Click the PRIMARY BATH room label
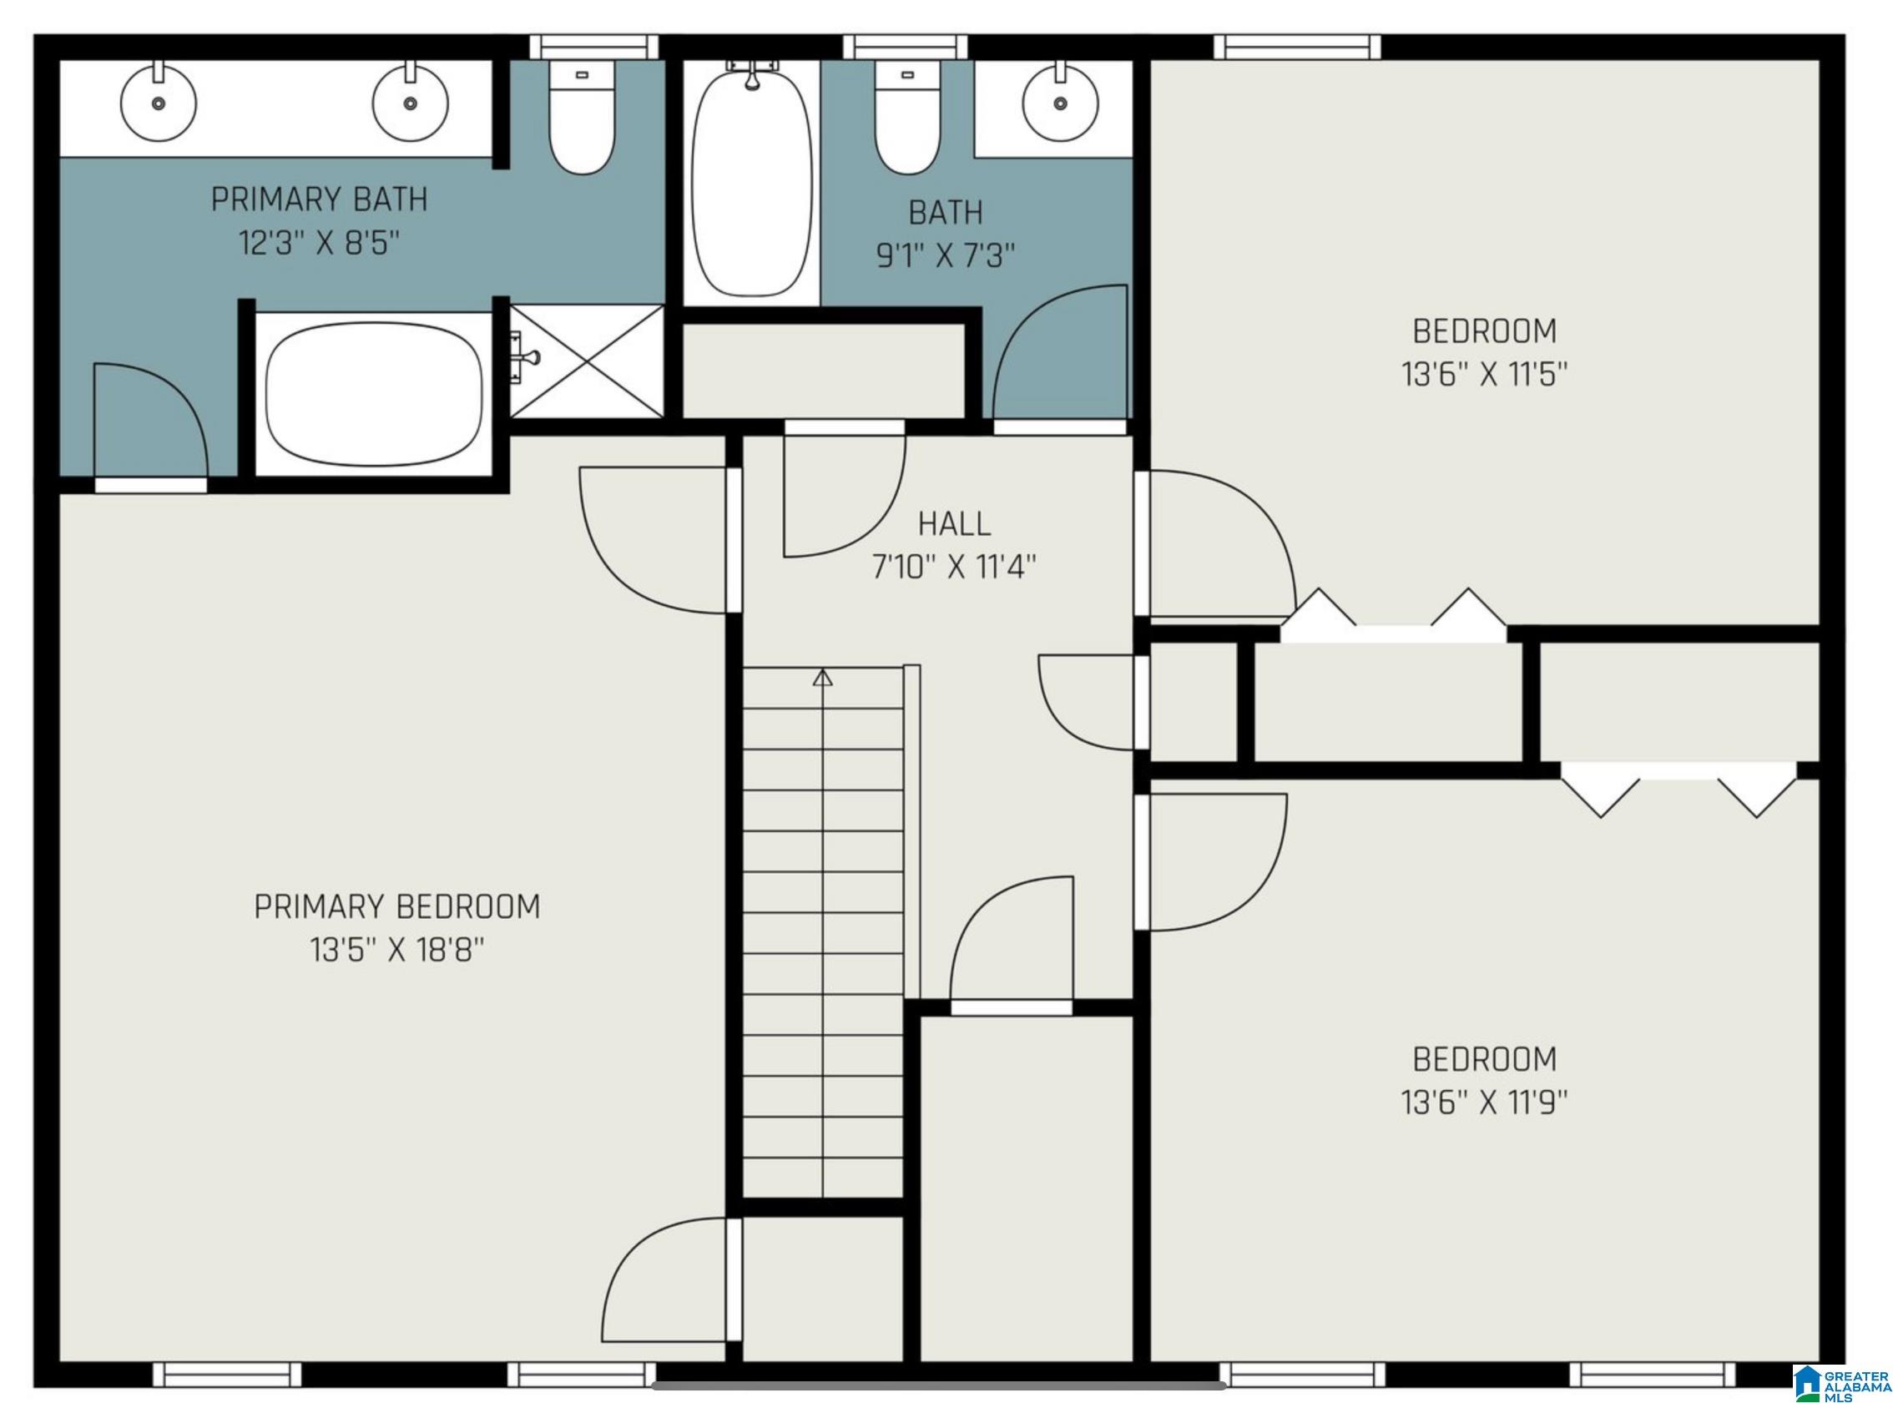click(319, 199)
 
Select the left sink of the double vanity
click(158, 101)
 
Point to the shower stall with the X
click(586, 361)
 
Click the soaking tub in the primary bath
click(374, 395)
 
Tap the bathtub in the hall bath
click(751, 182)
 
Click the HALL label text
click(954, 524)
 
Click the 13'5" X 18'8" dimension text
click(396, 950)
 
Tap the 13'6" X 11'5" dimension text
click(1484, 374)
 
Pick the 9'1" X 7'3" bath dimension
click(945, 255)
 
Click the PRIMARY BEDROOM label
click(396, 906)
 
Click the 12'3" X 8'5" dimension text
click(319, 244)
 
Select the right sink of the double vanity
click(410, 101)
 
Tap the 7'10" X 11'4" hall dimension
click(954, 567)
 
